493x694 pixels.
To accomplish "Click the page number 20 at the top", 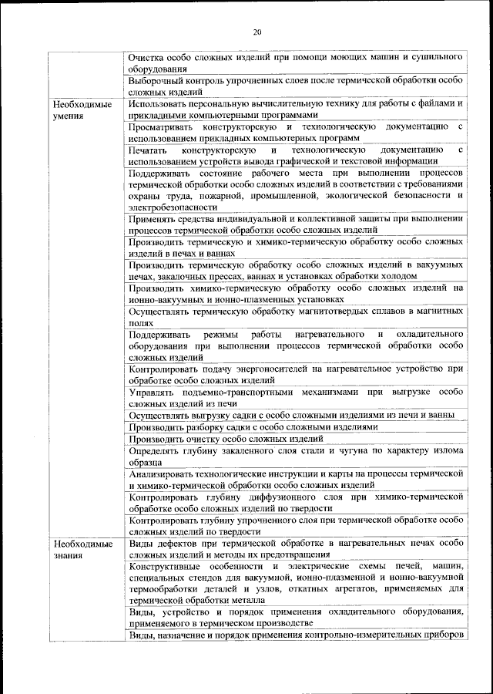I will click(x=257, y=32).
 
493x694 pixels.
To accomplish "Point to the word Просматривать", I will click(x=163, y=126).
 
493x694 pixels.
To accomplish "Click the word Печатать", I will click(x=147, y=150).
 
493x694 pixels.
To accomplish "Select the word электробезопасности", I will click(x=173, y=207).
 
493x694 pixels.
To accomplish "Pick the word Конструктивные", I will click(x=166, y=566).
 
